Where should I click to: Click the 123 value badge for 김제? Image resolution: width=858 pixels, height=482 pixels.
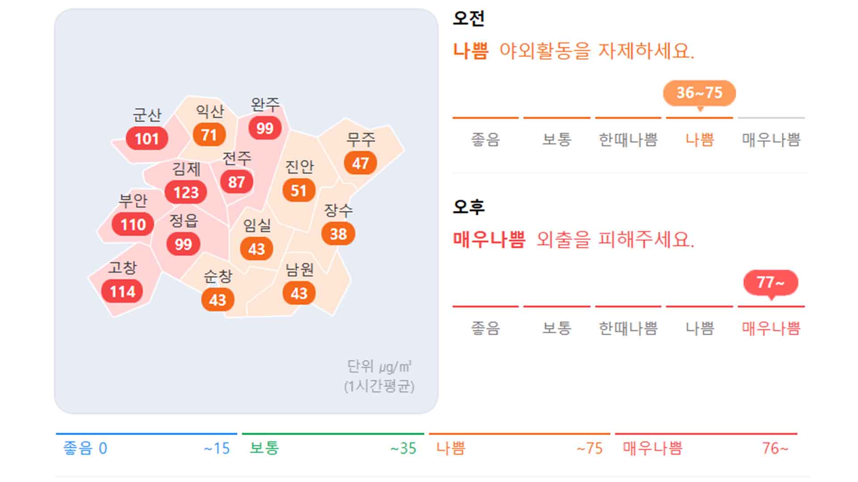[x=186, y=192]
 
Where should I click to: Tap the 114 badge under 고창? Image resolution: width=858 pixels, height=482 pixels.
[x=122, y=291]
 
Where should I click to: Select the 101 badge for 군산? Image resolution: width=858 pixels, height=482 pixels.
[x=147, y=138]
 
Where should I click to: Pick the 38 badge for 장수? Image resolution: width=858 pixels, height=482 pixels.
[x=338, y=233]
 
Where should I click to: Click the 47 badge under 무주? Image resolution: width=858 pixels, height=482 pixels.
[x=360, y=163]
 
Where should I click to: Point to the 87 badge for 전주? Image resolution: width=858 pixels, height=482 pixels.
[x=236, y=182]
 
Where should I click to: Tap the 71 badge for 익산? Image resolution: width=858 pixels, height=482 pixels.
[x=209, y=134]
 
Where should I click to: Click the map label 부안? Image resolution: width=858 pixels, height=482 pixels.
[x=133, y=201]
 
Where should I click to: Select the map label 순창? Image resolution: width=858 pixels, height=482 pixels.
[x=218, y=276]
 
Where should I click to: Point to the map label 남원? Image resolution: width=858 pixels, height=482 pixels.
[x=299, y=270]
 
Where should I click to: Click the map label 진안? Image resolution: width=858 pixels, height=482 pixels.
[x=299, y=167]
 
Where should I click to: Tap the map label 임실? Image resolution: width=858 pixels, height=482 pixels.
[x=257, y=225]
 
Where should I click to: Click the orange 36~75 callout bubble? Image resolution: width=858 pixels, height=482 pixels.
[x=699, y=93]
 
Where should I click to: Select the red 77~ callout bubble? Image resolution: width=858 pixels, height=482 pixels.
[x=770, y=282]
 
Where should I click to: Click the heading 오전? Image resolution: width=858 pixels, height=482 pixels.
[x=468, y=19]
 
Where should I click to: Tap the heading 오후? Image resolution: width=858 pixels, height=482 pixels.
[x=468, y=207]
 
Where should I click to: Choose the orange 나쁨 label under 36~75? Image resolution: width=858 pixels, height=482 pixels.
[x=700, y=140]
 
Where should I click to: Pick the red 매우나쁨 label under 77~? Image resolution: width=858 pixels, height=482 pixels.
[x=771, y=328]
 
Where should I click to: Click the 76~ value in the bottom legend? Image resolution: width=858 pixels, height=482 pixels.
[x=775, y=448]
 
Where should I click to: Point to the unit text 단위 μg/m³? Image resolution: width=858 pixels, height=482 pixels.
[x=379, y=367]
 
